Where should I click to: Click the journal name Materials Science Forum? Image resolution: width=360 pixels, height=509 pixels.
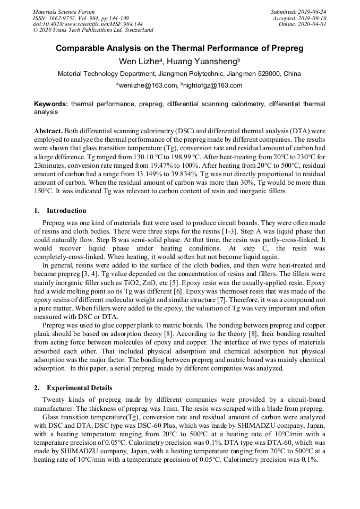[x=64, y=12]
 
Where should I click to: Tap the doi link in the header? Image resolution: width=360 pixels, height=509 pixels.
[x=88, y=24]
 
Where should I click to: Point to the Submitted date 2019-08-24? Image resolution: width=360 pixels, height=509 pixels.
[x=298, y=12]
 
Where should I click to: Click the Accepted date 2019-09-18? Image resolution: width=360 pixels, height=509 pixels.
[x=300, y=18]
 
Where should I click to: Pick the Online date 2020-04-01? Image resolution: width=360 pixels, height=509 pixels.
[x=303, y=24]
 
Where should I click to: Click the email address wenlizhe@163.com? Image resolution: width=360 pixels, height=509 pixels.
[x=148, y=85]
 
